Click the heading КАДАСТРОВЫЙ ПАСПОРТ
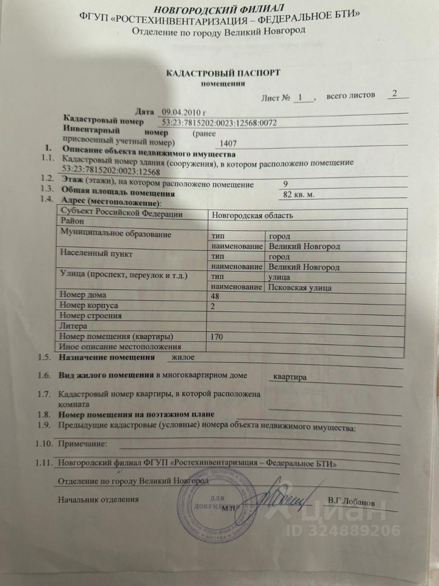(223, 73)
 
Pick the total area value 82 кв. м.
(302, 195)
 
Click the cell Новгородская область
(252, 215)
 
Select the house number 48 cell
(215, 295)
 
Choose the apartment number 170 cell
(216, 336)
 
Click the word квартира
(290, 377)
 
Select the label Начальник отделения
(98, 499)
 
